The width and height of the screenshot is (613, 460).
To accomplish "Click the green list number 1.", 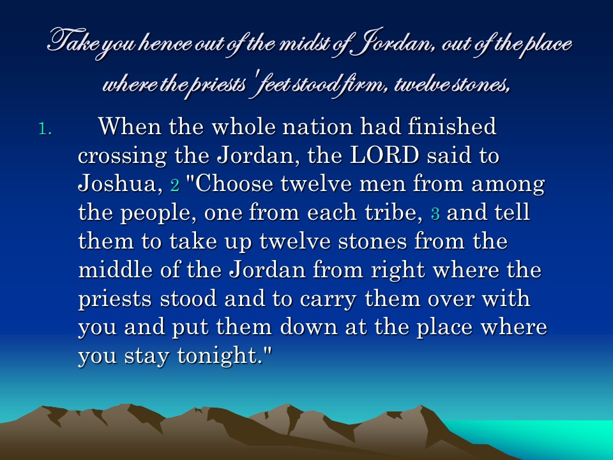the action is [x=45, y=128].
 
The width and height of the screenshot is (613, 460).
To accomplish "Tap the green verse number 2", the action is [x=175, y=185].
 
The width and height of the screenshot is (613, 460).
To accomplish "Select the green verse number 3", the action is [x=435, y=213].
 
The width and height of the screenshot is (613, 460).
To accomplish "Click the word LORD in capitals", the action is [x=384, y=155].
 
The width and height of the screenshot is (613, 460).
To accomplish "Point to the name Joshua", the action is [x=120, y=184].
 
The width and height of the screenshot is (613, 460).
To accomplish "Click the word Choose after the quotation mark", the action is [x=234, y=184].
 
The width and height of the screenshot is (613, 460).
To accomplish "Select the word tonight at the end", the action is [x=222, y=356].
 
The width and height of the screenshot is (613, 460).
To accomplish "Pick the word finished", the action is [x=452, y=126].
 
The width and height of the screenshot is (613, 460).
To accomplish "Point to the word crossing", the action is [x=123, y=156].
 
